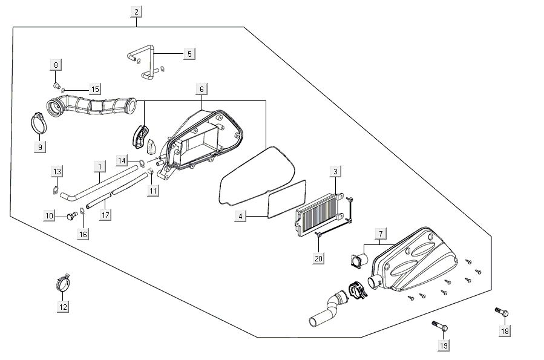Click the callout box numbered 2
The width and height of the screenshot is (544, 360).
point(136,11)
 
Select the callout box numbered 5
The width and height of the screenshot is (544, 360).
point(189,54)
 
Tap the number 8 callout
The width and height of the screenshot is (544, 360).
point(56,65)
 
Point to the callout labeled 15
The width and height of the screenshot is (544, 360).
point(95,90)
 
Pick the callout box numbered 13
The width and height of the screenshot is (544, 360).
point(56,172)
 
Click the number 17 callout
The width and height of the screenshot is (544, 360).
point(105,214)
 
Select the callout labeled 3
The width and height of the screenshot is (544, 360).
point(335,172)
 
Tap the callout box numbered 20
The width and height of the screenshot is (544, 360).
point(319,258)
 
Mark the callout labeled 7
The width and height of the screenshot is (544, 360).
point(381,234)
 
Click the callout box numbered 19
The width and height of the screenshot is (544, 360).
point(443,345)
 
